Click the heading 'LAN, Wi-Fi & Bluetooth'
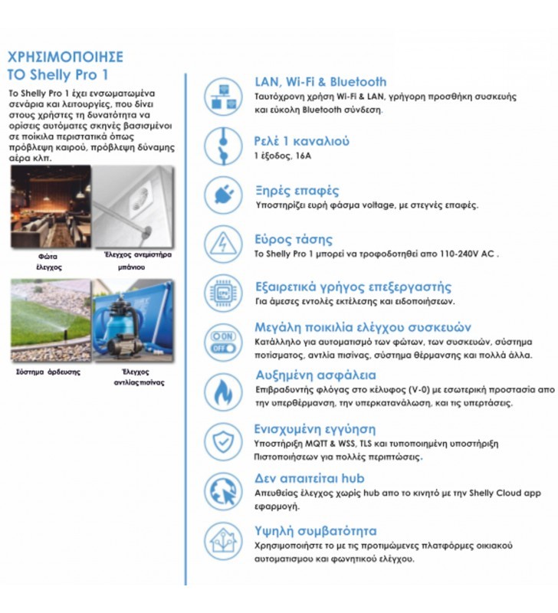coord(320,82)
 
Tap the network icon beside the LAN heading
coord(223,97)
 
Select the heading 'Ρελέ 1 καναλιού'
coord(302,141)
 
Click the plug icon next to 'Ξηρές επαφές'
coord(223,195)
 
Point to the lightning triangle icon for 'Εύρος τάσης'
coord(223,244)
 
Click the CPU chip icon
coord(223,293)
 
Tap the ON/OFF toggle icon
coord(223,342)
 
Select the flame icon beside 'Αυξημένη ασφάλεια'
coord(223,391)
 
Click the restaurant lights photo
coord(51,206)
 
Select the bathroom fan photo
coord(133,206)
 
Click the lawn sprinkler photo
coord(51,320)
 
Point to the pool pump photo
coord(133,320)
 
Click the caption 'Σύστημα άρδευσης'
coord(48,372)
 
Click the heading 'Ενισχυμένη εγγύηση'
coord(315,429)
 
